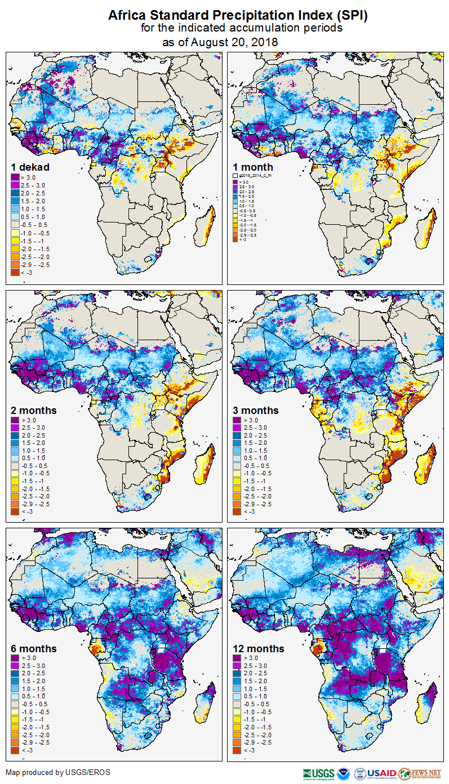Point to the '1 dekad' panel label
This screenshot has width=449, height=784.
point(30,167)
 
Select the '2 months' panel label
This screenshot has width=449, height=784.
point(34,411)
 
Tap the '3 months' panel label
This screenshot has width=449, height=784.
point(256,411)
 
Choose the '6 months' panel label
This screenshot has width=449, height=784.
point(34,649)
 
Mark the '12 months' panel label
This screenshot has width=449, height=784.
point(259,649)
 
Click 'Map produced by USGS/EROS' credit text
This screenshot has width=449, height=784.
point(58,772)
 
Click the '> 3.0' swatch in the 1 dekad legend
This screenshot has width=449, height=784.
point(15,178)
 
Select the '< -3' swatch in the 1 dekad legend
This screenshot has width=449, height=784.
point(15,273)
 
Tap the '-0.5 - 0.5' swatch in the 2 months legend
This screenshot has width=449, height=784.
point(15,466)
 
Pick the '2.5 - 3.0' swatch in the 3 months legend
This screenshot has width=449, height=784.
point(237,428)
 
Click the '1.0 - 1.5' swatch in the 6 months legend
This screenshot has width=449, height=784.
point(15,689)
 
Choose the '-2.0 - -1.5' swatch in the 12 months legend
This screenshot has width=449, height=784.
point(237,727)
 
